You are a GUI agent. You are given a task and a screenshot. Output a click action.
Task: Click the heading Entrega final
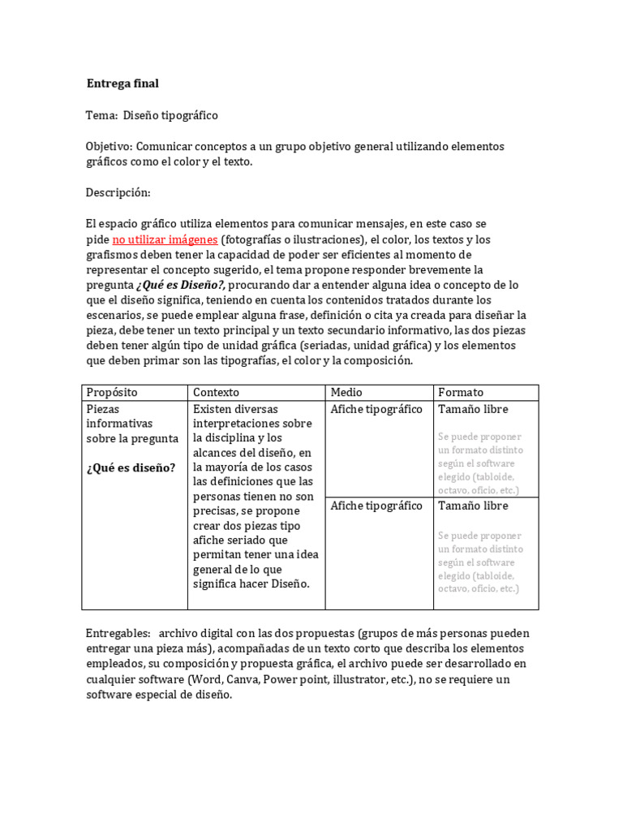pyautogui.click(x=122, y=84)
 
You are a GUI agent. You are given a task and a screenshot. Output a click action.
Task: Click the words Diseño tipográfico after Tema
pyautogui.click(x=170, y=115)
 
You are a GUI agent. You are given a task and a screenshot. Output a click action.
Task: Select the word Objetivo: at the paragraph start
pyautogui.click(x=110, y=147)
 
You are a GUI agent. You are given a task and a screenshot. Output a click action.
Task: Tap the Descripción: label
pyautogui.click(x=118, y=192)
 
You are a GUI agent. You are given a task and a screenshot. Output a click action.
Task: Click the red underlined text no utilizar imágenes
pyautogui.click(x=165, y=239)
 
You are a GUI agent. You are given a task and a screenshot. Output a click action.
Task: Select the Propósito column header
pyautogui.click(x=112, y=393)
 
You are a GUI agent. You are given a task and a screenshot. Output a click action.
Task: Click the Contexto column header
pyautogui.click(x=216, y=393)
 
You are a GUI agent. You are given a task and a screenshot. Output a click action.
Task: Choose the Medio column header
pyautogui.click(x=346, y=393)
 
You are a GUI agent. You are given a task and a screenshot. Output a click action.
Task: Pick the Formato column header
pyautogui.click(x=460, y=393)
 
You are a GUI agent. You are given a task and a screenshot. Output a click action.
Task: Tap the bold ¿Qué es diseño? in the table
pyautogui.click(x=131, y=467)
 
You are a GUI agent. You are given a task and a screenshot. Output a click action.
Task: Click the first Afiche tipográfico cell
pyautogui.click(x=376, y=409)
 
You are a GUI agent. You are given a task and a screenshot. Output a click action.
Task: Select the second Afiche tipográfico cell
pyautogui.click(x=376, y=506)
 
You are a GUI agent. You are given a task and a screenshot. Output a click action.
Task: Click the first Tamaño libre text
pyautogui.click(x=473, y=409)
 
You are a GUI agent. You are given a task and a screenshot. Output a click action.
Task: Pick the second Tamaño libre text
pyautogui.click(x=473, y=506)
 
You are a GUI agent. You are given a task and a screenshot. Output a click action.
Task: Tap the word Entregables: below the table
pyautogui.click(x=118, y=633)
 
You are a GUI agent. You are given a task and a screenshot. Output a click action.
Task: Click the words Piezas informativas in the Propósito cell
pyautogui.click(x=120, y=416)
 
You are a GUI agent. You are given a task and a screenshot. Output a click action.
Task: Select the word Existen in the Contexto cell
pyautogui.click(x=213, y=409)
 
